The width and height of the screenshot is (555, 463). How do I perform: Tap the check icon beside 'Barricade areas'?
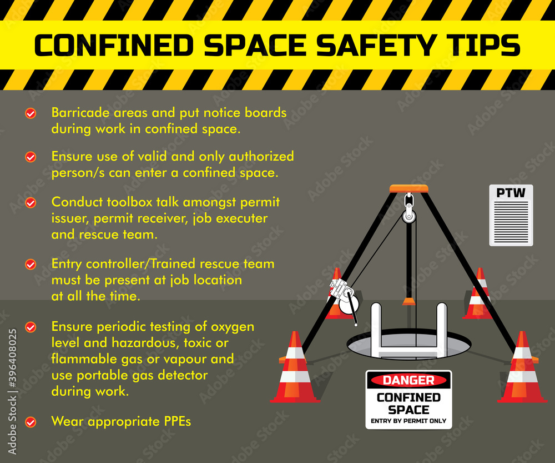tap(31, 113)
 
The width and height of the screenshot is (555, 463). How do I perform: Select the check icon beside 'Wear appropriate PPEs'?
tap(31, 422)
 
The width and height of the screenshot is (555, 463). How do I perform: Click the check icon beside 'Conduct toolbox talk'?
tap(31, 203)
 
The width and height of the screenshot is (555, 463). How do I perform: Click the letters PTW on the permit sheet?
tap(511, 193)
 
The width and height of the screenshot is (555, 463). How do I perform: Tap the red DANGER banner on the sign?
tap(408, 380)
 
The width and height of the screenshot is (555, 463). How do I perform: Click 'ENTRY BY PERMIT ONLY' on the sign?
tap(408, 421)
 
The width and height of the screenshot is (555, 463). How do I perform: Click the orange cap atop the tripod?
tap(408, 188)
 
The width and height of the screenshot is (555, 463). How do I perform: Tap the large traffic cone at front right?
tap(522, 370)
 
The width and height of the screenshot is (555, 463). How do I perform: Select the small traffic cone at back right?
tap(478, 295)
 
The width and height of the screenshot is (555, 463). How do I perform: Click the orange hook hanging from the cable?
tap(409, 301)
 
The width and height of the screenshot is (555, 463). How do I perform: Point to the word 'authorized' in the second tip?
tap(261, 157)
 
